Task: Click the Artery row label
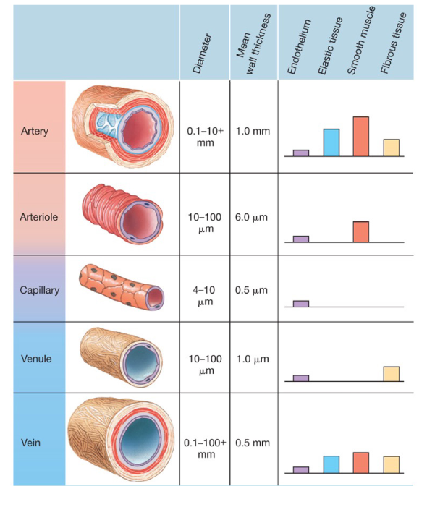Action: (x=34, y=131)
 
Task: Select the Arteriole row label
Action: (x=39, y=216)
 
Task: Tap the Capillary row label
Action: (x=39, y=290)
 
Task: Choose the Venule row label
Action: (x=37, y=358)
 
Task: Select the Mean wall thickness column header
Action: (x=253, y=43)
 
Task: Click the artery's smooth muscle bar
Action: (x=360, y=136)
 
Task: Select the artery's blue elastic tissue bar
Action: (x=331, y=142)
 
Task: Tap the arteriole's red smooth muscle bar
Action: (x=360, y=231)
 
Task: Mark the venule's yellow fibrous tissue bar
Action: (x=391, y=373)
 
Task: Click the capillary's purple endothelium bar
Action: (x=300, y=304)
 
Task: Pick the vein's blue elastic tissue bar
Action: (x=331, y=464)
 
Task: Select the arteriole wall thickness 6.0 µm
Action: (x=252, y=217)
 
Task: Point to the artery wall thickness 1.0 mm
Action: (x=253, y=132)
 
